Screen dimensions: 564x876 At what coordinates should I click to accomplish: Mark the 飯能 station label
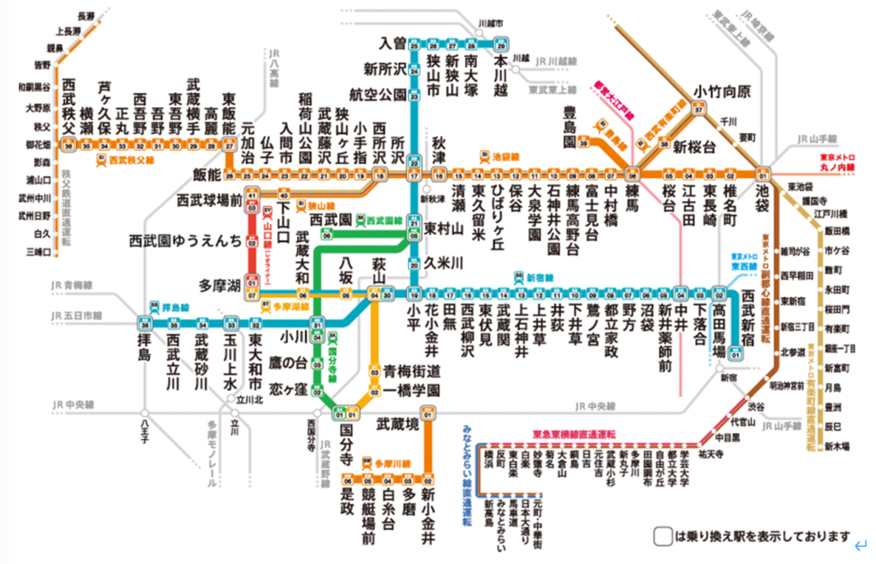point(208,175)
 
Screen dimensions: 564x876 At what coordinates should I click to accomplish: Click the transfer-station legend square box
point(663,536)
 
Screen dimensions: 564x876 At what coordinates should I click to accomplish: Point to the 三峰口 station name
point(37,252)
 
